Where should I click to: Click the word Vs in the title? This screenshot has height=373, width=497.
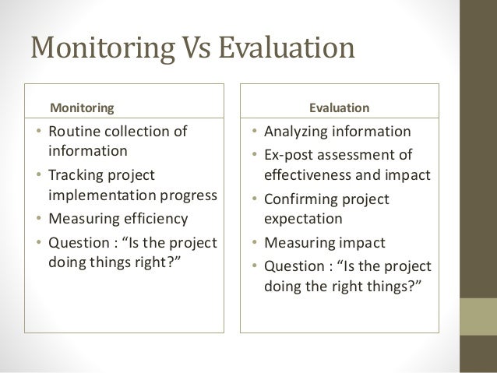pos(189,48)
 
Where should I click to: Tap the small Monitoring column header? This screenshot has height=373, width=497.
pos(82,105)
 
